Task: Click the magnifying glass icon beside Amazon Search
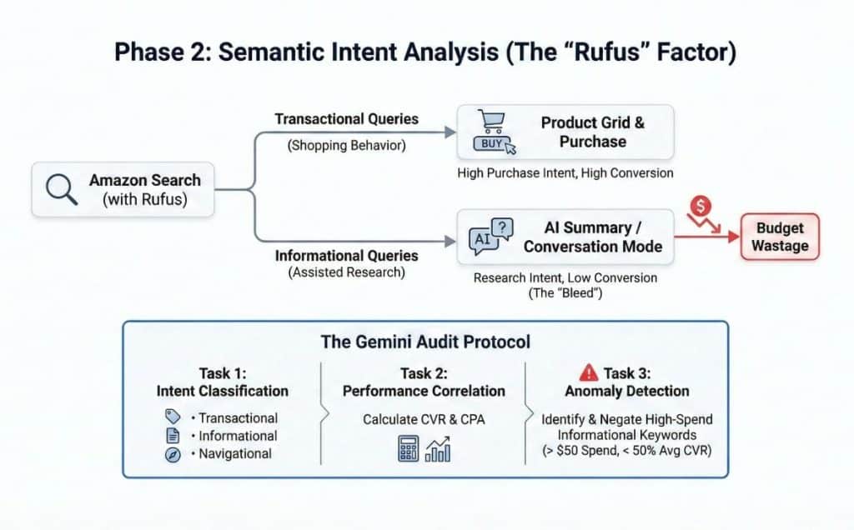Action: [x=61, y=188]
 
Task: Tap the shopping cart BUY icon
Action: [x=494, y=133]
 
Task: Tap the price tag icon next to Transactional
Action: [x=173, y=417]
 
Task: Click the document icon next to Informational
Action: [x=173, y=435]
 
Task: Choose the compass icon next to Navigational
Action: [x=173, y=454]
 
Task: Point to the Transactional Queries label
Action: [x=346, y=119]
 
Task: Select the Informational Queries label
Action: [x=346, y=255]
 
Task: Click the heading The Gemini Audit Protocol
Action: [x=425, y=342]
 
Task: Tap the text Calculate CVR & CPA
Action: [x=423, y=419]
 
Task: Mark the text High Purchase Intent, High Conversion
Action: [x=565, y=173]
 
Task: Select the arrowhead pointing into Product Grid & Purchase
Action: [x=451, y=132]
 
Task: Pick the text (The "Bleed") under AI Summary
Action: [x=565, y=292]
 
